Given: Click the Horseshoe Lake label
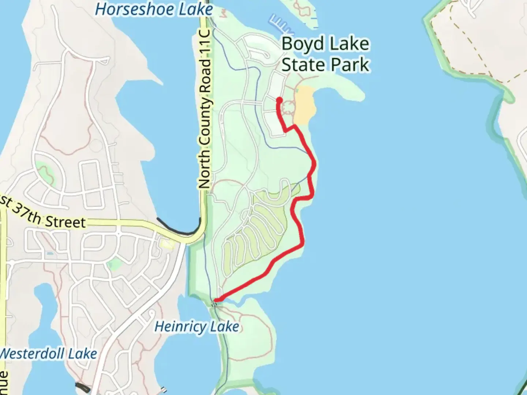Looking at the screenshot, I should [154, 10].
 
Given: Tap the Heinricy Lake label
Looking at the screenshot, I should [197, 326].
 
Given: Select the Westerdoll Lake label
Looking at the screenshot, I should [48, 354].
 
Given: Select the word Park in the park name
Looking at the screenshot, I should [348, 65].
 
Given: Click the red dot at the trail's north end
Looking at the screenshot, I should [279, 100].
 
